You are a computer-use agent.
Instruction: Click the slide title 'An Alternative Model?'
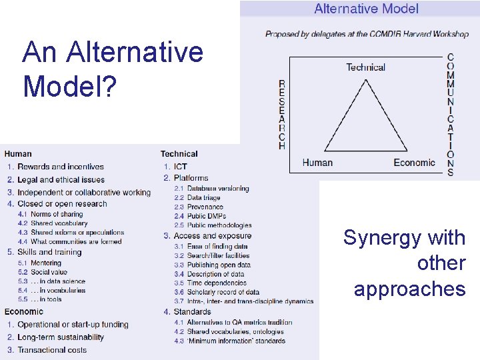click(x=112, y=69)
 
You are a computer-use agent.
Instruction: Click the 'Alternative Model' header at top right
click(x=366, y=9)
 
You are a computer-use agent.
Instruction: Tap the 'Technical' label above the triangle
click(x=365, y=67)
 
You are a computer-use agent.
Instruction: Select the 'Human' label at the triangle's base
click(x=317, y=163)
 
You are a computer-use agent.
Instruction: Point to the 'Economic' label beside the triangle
click(x=414, y=163)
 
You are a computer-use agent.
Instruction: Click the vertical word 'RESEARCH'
click(x=282, y=115)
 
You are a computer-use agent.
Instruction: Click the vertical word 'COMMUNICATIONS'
click(x=451, y=115)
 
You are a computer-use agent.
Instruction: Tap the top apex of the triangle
click(x=365, y=80)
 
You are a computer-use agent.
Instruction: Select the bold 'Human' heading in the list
click(x=18, y=154)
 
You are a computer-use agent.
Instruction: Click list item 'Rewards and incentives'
click(x=61, y=167)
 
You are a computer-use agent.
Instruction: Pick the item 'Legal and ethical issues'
click(x=61, y=179)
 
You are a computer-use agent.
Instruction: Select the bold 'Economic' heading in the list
click(x=24, y=312)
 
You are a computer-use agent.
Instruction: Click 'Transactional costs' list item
click(x=52, y=350)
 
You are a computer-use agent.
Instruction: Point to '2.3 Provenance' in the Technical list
click(x=203, y=207)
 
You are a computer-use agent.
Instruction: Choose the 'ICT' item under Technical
click(x=180, y=166)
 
